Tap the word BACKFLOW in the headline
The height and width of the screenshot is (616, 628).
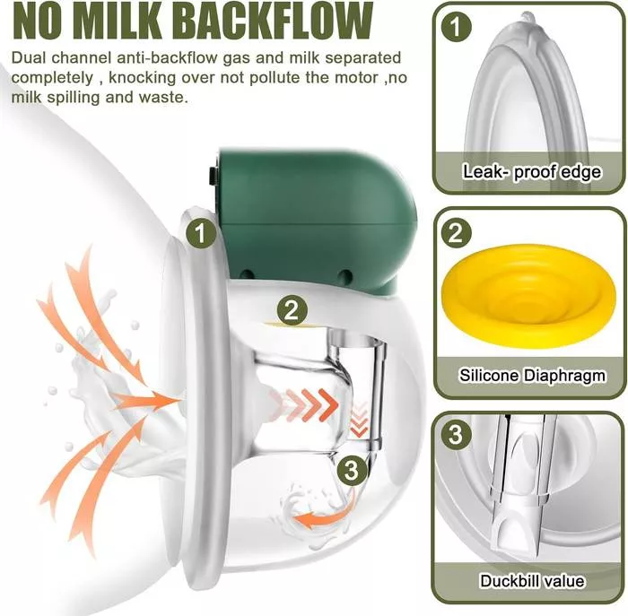298,22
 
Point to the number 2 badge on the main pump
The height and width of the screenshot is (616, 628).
290,310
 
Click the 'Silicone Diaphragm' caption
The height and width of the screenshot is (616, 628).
531,376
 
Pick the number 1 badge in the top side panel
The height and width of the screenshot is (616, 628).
458,26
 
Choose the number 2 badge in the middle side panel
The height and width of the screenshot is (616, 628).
458,234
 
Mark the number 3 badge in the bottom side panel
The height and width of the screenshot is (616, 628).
458,437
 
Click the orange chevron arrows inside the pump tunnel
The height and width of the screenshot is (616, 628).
310,403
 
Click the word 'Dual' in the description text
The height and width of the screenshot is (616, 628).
30,57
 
